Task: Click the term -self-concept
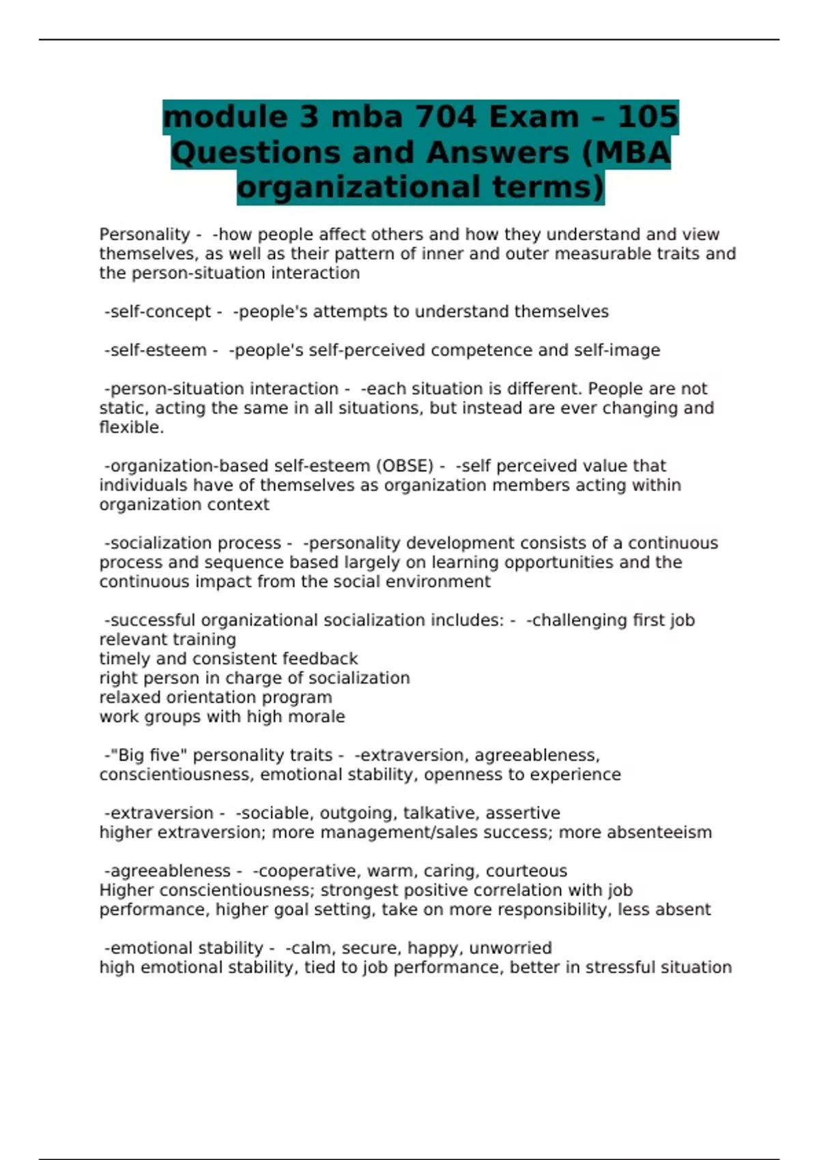point(158,312)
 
